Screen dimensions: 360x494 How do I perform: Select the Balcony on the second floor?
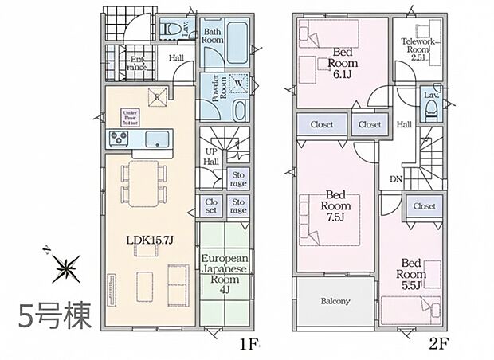click(335, 301)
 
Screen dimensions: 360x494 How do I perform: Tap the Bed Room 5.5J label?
click(412, 274)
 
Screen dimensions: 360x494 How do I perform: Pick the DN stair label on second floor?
click(394, 179)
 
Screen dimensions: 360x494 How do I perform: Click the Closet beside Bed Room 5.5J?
click(424, 205)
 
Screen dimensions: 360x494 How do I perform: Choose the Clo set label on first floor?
click(211, 206)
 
